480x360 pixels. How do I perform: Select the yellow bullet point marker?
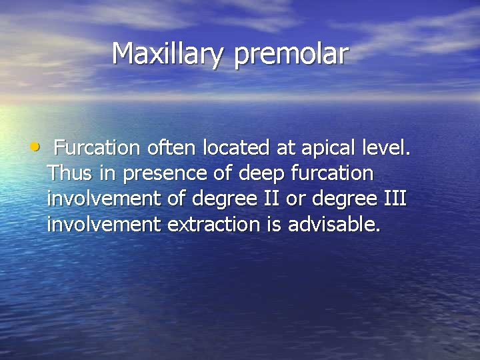[35, 145]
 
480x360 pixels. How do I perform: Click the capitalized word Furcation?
[96, 147]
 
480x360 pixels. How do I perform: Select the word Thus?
[71, 173]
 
